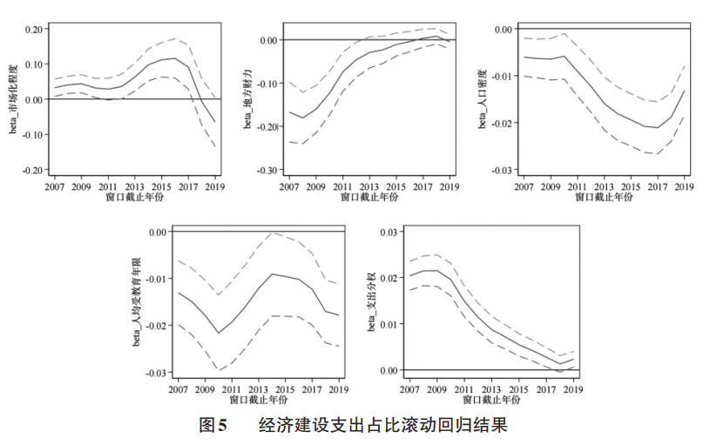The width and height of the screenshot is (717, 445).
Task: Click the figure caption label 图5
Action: point(213,426)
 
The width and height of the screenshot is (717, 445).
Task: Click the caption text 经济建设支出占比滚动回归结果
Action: point(382,426)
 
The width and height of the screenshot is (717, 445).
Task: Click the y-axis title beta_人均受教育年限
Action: point(136,301)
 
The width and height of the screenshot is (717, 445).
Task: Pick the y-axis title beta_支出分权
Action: point(370,301)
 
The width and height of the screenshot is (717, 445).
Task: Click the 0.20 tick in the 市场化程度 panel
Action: point(33,29)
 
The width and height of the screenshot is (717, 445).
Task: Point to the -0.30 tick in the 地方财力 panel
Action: point(267,170)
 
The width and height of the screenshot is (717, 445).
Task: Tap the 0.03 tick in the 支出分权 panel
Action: point(387,232)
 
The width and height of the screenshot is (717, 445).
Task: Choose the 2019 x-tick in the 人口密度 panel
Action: point(685,186)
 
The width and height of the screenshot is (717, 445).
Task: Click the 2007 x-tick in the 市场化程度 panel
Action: point(55,186)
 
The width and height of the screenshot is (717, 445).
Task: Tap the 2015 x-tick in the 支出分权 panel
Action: point(519,389)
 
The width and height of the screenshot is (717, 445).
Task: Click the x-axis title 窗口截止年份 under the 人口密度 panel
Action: point(604,198)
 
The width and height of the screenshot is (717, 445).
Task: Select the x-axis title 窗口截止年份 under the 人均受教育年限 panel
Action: point(259,401)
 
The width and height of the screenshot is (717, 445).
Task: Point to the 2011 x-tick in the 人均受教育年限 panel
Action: point(233,389)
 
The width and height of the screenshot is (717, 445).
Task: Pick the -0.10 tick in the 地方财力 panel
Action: point(267,84)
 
